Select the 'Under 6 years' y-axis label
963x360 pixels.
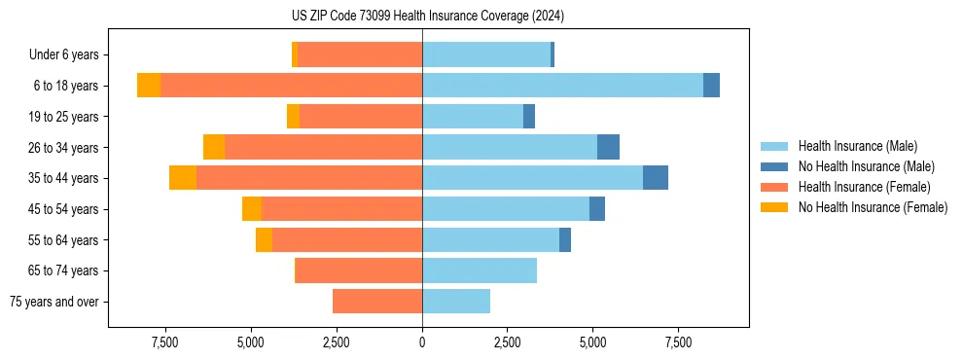click(63, 55)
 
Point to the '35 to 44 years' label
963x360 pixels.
click(65, 178)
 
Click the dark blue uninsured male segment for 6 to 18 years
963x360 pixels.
click(711, 86)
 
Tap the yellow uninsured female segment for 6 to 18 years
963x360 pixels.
click(149, 86)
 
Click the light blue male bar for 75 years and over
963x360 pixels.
click(456, 302)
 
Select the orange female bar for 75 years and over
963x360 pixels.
click(377, 302)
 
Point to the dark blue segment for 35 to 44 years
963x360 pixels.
click(656, 178)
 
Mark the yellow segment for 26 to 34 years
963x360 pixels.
click(214, 147)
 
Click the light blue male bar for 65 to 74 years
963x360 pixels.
click(480, 270)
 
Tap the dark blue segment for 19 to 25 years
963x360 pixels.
click(529, 117)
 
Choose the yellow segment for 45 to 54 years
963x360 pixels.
click(252, 209)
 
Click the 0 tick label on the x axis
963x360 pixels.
click(422, 342)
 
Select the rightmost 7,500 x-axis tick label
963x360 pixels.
click(678, 342)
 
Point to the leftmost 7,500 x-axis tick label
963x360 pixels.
click(165, 342)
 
